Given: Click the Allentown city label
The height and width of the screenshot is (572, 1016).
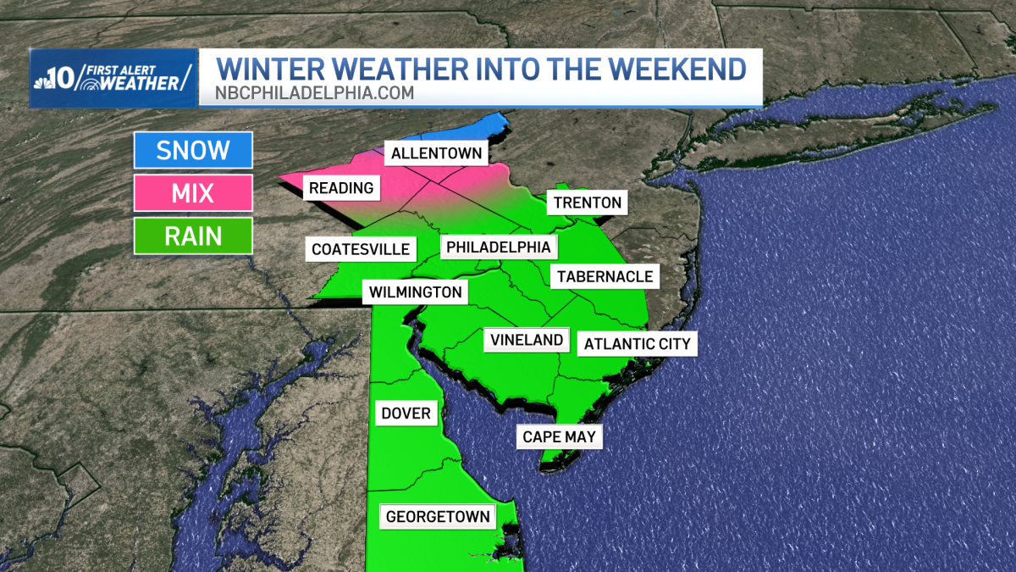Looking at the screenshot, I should [x=436, y=153].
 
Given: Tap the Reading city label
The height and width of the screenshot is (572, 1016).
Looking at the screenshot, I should [x=341, y=188].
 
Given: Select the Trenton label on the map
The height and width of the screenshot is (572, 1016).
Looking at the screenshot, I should [x=588, y=203].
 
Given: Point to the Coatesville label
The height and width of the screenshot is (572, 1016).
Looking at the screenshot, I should [x=361, y=249].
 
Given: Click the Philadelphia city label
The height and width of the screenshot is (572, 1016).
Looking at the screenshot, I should [x=499, y=247].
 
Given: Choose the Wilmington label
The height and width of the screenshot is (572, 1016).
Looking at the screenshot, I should [x=416, y=292].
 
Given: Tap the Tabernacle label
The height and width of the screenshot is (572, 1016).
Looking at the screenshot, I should [x=605, y=276].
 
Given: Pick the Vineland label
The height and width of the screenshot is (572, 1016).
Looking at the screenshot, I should [x=527, y=340].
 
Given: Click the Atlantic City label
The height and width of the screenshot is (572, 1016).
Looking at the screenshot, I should [x=638, y=344].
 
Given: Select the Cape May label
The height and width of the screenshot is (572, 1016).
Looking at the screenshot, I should [x=560, y=437].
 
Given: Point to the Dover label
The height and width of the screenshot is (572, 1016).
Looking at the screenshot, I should [x=406, y=414].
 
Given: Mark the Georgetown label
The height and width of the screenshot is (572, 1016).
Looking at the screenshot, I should [x=438, y=516].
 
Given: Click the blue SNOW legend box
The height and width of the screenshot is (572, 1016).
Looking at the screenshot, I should [x=193, y=150].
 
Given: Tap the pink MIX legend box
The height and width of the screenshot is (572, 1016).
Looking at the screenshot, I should [x=193, y=192].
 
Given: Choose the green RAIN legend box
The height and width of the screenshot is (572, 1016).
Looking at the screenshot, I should [x=193, y=236].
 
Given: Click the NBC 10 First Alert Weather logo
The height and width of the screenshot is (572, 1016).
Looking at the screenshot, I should [x=114, y=78].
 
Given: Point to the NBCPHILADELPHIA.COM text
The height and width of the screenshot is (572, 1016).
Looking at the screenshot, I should [x=313, y=93].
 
